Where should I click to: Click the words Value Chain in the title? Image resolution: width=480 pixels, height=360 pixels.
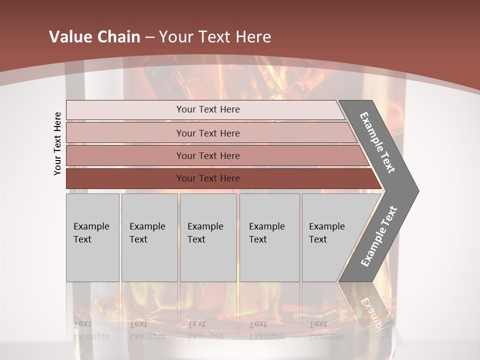click(94, 37)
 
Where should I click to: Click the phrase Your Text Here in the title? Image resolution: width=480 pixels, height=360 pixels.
click(215, 37)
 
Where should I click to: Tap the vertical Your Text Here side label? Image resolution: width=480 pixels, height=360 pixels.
click(57, 143)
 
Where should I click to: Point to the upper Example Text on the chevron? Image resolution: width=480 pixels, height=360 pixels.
click(377, 142)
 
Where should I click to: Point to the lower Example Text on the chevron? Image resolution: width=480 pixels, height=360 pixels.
click(378, 236)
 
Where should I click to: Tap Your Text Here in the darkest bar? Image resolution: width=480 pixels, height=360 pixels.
click(208, 178)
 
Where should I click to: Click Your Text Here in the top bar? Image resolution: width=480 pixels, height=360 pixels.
click(208, 109)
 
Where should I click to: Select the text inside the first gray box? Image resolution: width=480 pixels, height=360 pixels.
click(91, 232)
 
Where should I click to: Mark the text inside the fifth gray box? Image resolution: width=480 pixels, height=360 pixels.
click(326, 232)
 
